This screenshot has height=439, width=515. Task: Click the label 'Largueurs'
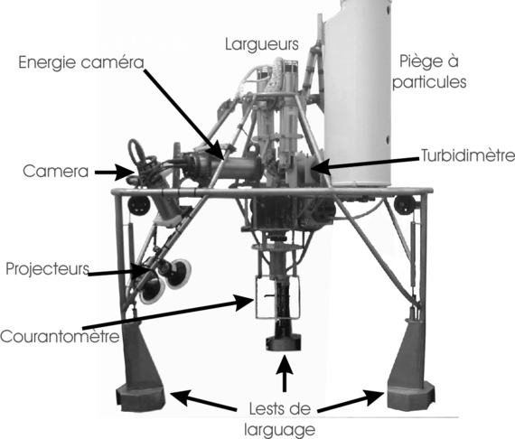[x=262, y=44]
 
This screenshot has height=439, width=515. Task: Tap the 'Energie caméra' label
[x=81, y=62]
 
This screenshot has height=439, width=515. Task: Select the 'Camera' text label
[x=55, y=172]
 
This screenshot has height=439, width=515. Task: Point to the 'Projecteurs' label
[x=47, y=269]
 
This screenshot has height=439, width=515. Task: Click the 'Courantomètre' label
[x=60, y=336]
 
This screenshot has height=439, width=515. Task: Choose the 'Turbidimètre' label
[x=468, y=155]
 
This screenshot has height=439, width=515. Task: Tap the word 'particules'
[x=429, y=82]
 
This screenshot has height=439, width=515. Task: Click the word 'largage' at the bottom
[x=279, y=430]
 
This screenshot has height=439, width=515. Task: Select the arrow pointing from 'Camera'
[x=115, y=172]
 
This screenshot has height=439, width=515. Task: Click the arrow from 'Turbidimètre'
[x=364, y=164]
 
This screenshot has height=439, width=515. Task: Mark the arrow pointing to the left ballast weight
[x=202, y=399]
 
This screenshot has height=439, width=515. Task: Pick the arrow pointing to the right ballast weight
[x=351, y=401]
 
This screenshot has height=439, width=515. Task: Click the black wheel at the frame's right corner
[x=405, y=204]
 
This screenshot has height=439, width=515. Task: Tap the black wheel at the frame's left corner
[x=138, y=205]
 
